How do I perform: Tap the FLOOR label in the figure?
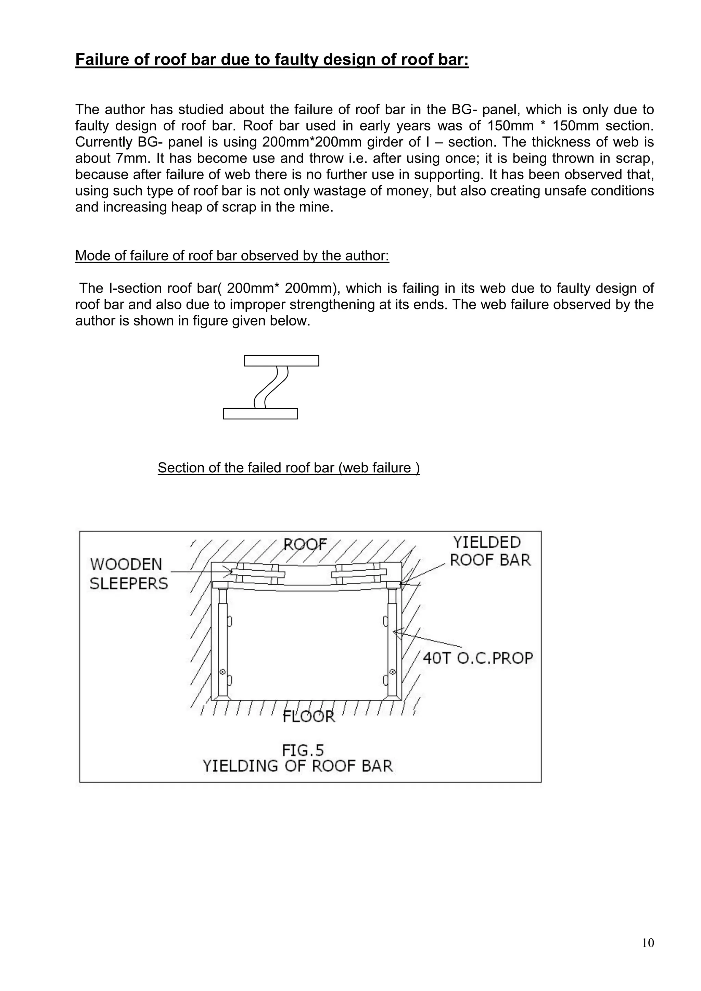(x=309, y=717)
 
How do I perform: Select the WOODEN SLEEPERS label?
(x=128, y=574)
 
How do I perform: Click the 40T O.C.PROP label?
(x=478, y=658)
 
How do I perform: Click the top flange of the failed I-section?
(x=281, y=360)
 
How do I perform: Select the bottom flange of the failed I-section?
(x=260, y=414)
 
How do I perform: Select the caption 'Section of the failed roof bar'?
(x=288, y=468)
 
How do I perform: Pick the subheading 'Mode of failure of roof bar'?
(x=232, y=256)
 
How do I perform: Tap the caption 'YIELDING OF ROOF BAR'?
(x=298, y=766)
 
